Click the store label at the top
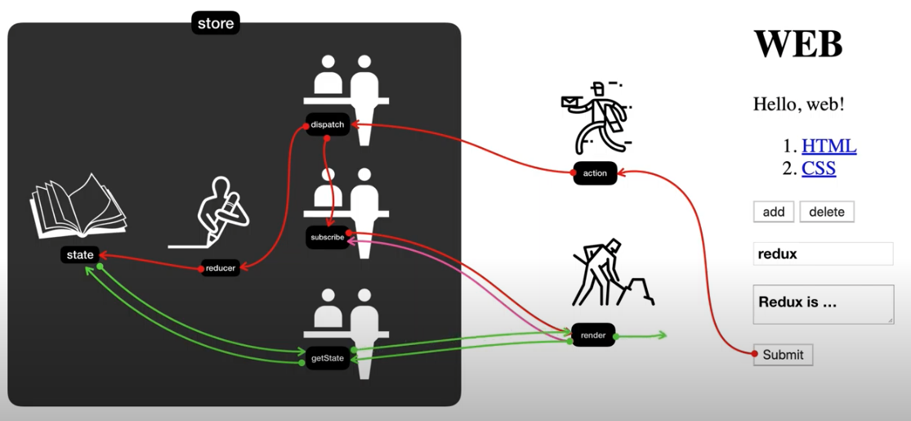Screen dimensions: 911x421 coord(216,23)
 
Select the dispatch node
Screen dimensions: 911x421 coord(328,124)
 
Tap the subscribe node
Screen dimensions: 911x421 coord(328,238)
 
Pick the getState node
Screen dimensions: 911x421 coord(328,358)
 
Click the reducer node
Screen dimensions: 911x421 coord(221,268)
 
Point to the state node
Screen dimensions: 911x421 coord(80,255)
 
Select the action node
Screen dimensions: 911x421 coord(595,173)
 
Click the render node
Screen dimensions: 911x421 coord(593,335)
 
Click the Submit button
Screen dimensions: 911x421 coord(783,355)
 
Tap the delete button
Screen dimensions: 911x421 coord(827,212)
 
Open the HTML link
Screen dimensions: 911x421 coord(828,146)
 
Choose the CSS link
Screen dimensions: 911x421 coord(818,168)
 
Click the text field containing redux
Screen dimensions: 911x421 coord(823,254)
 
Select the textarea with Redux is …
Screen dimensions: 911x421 coord(823,304)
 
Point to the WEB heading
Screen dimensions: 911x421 coord(797,43)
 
